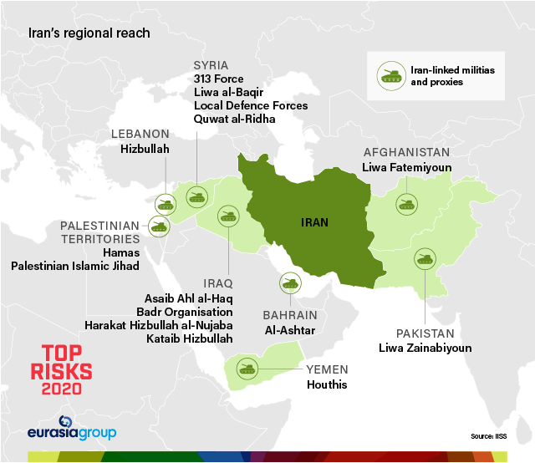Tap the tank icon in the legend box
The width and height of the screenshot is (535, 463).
coord(390,77)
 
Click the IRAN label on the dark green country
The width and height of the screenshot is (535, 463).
coord(314,222)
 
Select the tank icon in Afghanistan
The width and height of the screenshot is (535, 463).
coord(407,203)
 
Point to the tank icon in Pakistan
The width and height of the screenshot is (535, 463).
coord(425,258)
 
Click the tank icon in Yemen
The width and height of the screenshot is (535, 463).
coord(247,368)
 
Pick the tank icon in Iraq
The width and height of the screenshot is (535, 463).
coord(227,216)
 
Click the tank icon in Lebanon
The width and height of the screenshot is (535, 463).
coord(166,203)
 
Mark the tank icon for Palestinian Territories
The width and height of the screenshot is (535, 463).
coord(158,224)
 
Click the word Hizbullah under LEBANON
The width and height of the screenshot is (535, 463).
coord(145,149)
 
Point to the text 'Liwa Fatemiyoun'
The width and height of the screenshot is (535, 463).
coord(407,168)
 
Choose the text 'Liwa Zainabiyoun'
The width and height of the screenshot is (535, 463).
coord(425,348)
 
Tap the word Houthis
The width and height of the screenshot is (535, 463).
coord(325,385)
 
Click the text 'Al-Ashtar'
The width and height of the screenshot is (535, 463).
coord(289,330)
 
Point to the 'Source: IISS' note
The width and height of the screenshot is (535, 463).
coord(488,436)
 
